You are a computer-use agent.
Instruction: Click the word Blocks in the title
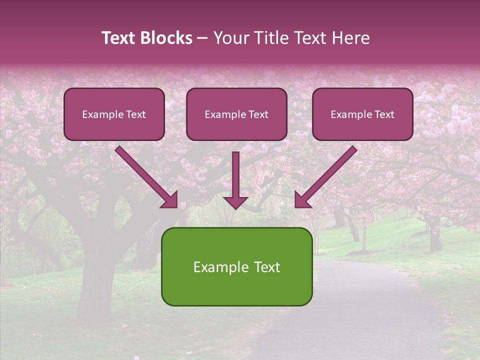(167, 38)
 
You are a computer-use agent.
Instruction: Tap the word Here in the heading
(350, 38)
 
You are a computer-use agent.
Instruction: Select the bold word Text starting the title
(120, 38)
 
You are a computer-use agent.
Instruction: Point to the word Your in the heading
(232, 38)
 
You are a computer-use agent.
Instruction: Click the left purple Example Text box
(114, 114)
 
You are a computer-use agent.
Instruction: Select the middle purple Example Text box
(236, 114)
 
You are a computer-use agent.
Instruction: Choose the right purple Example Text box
(362, 114)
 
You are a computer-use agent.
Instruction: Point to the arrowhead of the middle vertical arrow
(235, 202)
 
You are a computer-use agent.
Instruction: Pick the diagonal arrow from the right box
(327, 174)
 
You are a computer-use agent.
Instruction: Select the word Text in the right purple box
(384, 114)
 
